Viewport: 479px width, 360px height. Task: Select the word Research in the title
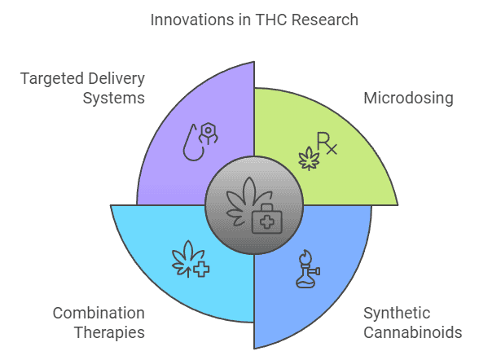click(325, 20)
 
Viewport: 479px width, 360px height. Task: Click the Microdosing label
click(408, 99)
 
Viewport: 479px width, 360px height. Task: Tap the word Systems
click(114, 99)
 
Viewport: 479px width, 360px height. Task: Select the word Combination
click(99, 314)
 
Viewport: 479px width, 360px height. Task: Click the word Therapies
click(109, 333)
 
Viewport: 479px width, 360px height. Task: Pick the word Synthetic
click(397, 314)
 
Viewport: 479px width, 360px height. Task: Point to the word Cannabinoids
click(413, 332)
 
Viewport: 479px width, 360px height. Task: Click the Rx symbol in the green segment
click(327, 143)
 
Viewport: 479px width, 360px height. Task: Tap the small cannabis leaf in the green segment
click(309, 159)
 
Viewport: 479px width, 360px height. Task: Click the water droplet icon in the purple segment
click(193, 143)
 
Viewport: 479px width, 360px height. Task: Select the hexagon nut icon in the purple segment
click(209, 133)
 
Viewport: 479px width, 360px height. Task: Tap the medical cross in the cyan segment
click(201, 270)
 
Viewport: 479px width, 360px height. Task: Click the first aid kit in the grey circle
click(266, 218)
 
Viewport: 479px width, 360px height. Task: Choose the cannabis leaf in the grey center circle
click(246, 201)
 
